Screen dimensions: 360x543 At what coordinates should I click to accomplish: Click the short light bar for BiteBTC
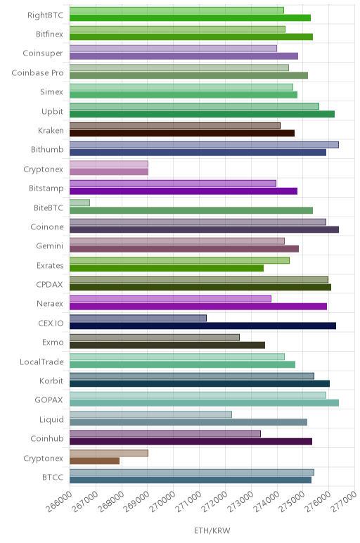79,203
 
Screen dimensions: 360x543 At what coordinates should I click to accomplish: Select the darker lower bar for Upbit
202,114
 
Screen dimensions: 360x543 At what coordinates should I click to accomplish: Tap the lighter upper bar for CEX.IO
138,318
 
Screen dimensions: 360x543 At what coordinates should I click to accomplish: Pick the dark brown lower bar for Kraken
182,134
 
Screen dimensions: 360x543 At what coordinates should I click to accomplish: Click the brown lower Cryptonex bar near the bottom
94,461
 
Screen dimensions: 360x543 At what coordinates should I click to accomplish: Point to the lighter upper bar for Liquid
150,414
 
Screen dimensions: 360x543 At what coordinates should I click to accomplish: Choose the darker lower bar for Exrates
167,268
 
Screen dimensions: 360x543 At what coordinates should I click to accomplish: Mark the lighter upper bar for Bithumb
204,145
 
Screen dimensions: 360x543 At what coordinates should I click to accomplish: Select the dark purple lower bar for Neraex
198,307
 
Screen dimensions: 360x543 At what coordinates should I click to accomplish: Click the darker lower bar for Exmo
167,345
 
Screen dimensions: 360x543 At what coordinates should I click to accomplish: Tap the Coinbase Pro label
38,72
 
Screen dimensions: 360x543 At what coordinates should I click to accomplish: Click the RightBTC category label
46,15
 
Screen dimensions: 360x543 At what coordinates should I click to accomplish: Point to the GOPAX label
49,400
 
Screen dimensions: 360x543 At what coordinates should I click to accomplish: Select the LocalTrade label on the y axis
41,362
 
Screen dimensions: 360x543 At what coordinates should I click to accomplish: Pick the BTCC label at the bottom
53,477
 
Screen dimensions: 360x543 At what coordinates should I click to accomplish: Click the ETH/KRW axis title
212,530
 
